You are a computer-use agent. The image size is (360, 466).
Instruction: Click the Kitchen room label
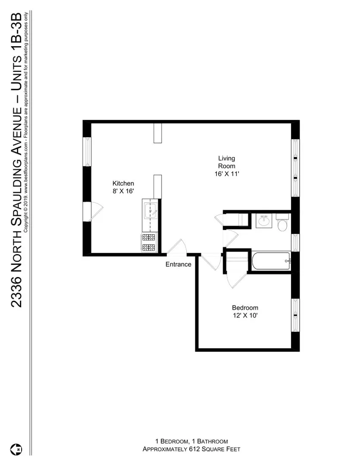coord(123,183)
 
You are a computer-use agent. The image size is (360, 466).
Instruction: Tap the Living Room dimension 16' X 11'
coord(226,174)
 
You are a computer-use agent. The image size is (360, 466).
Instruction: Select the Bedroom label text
coord(245,308)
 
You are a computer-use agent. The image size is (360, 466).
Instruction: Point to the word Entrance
coord(178,264)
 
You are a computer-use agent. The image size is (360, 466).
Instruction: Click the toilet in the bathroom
coord(282,224)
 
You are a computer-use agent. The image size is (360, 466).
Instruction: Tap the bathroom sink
coord(263,221)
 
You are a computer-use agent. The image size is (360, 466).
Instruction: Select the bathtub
coord(270,261)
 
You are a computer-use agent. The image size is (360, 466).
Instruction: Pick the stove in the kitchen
coord(149,242)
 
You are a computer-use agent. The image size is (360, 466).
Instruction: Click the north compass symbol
coord(18,449)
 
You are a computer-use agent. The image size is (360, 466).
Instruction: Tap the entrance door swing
coord(177,247)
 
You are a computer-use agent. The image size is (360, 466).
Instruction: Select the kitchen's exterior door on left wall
coord(92,211)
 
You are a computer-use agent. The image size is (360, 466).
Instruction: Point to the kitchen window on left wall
coord(87,151)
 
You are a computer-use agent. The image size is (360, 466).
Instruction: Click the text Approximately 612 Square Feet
coord(191,449)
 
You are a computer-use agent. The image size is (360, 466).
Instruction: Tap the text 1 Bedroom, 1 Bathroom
coord(191,441)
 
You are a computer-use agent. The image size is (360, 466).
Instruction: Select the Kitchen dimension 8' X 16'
coord(123,191)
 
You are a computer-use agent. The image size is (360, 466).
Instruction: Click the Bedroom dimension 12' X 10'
coord(245,315)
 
